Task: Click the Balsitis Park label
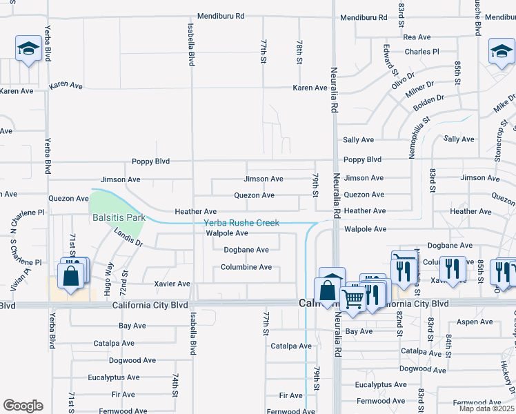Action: (119, 217)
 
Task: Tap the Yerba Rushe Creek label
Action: (241, 223)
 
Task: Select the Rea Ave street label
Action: (417, 37)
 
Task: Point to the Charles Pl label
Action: (421, 52)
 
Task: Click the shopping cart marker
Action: (353, 300)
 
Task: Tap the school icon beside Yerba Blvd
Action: (28, 49)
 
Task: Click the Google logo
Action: (23, 406)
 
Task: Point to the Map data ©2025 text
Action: (487, 409)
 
